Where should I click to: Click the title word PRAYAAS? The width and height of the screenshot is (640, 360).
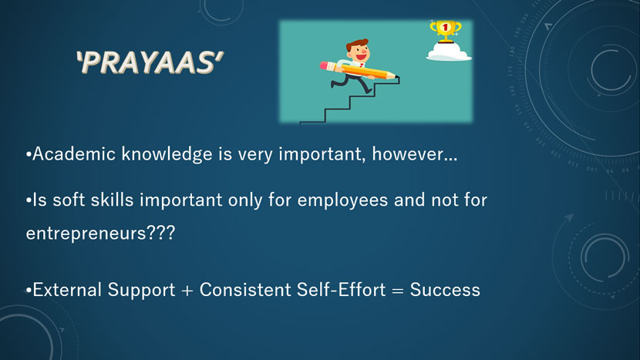click(x=150, y=62)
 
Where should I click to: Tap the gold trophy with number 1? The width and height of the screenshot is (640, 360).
click(x=446, y=32)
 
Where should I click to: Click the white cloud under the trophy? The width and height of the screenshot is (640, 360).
click(x=449, y=52)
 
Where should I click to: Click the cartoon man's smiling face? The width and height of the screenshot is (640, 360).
click(x=360, y=53)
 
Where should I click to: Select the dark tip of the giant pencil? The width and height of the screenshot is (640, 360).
click(x=397, y=77)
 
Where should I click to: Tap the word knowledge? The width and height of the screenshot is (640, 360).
click(x=167, y=155)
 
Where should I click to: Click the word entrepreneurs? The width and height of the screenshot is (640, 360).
click(x=86, y=234)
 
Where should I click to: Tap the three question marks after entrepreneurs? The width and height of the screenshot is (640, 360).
click(x=160, y=233)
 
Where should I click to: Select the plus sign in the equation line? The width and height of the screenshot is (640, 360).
click(x=187, y=291)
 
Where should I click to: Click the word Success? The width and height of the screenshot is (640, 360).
click(x=445, y=290)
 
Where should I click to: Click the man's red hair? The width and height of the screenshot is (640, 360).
click(x=357, y=45)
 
